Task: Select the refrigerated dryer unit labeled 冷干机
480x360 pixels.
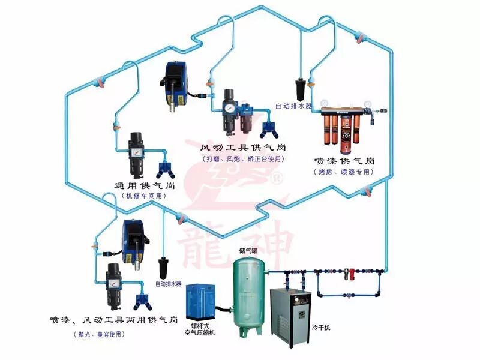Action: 292,312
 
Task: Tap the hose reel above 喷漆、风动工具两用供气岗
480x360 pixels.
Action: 132,236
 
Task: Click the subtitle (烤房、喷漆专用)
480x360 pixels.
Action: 343,172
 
